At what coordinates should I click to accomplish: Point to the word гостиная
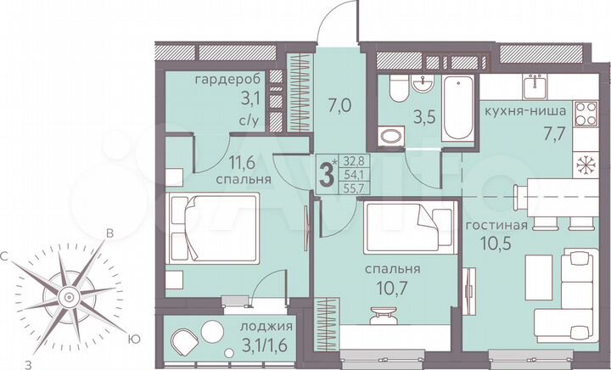tap(496, 226)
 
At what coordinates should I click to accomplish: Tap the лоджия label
tap(266, 326)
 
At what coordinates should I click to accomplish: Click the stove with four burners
tap(586, 113)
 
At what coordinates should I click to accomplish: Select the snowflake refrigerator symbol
tap(585, 163)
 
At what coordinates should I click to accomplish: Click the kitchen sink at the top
tap(534, 86)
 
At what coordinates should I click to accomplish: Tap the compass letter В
tap(109, 235)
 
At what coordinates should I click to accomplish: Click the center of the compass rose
tap(65, 296)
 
